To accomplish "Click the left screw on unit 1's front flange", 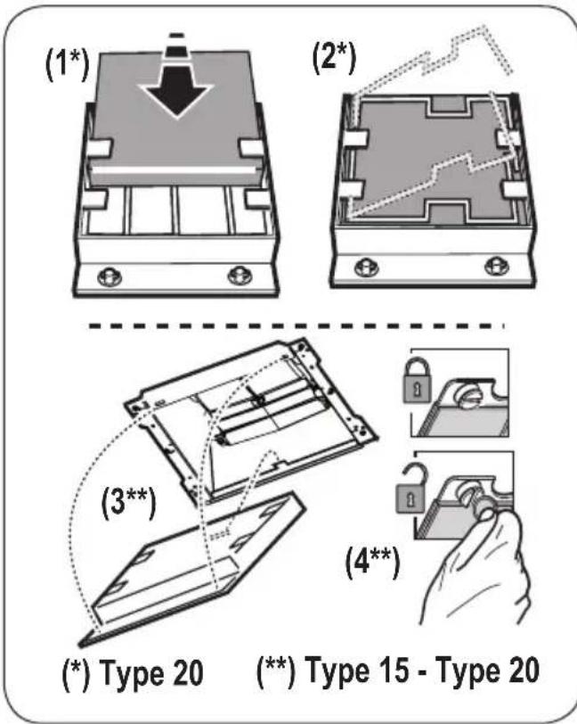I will [x=111, y=274].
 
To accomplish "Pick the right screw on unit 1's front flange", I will [x=236, y=274].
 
